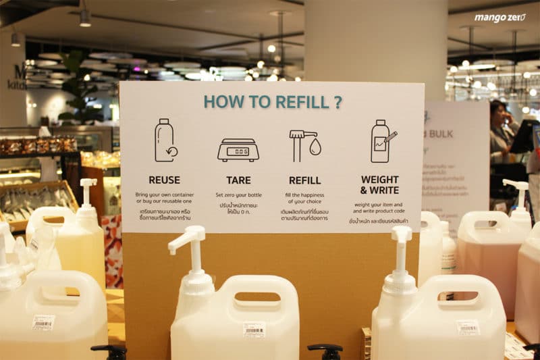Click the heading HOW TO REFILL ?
(272, 102)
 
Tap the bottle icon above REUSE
(164, 140)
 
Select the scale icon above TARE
(238, 149)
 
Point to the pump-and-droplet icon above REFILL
(304, 145)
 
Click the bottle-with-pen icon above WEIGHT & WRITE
(383, 141)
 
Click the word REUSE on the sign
(164, 180)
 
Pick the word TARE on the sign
(238, 180)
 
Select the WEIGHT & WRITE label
(379, 185)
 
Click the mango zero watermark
(500, 18)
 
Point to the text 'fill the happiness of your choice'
(304, 198)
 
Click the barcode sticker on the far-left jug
(43, 322)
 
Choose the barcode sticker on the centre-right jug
(467, 328)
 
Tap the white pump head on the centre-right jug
(401, 236)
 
